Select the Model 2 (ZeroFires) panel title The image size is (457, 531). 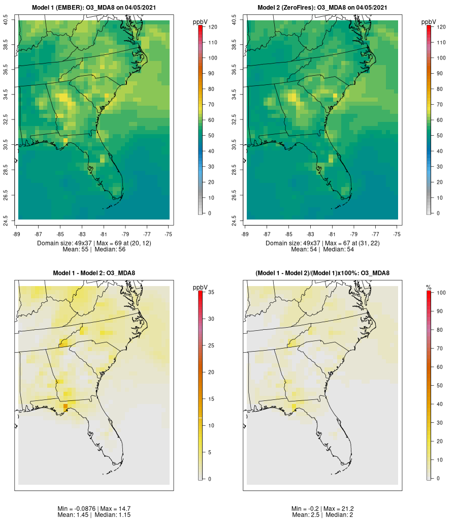[322, 7]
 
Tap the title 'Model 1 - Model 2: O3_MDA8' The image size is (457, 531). [94, 273]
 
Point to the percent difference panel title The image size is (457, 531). [322, 273]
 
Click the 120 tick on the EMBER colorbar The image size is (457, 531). [212, 27]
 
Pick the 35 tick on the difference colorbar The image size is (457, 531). [211, 292]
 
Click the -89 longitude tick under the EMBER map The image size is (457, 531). [18, 234]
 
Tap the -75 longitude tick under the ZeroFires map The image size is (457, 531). [397, 234]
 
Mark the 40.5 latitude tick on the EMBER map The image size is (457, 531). [6, 20]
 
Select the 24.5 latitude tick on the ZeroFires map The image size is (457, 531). [235, 220]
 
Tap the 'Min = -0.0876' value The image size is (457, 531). [77, 509]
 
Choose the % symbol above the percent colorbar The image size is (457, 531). [429, 288]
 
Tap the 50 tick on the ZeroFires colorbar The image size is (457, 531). [439, 136]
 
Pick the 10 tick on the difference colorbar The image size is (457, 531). [211, 425]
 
